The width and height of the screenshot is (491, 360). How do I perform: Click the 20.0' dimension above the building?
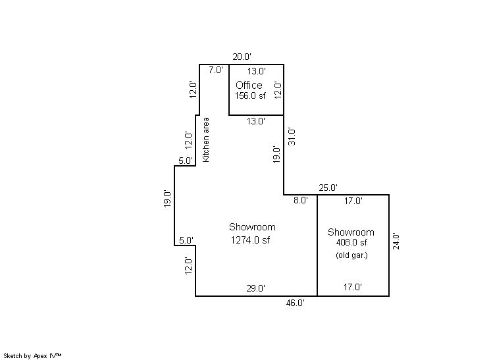pyautogui.click(x=242, y=57)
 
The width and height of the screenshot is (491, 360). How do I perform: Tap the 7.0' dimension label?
pyautogui.click(x=216, y=70)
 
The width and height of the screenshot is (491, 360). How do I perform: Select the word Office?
pyautogui.click(x=249, y=85)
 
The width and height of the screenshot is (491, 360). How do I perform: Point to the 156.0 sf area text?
pyautogui.click(x=250, y=96)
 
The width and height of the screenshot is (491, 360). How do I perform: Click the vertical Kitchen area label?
pyautogui.click(x=206, y=140)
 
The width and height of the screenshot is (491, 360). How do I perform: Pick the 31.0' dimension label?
pyautogui.click(x=292, y=136)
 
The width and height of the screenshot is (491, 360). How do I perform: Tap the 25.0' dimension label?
pyautogui.click(x=328, y=188)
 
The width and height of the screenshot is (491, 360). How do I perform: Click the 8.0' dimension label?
pyautogui.click(x=301, y=200)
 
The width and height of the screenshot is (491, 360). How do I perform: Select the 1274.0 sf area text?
pyautogui.click(x=250, y=240)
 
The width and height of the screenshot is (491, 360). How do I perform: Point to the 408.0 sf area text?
pyautogui.click(x=351, y=243)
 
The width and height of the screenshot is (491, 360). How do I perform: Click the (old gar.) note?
pyautogui.click(x=351, y=255)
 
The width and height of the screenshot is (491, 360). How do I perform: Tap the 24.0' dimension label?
pyautogui.click(x=396, y=241)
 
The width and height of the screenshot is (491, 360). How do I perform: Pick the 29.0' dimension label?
pyautogui.click(x=255, y=288)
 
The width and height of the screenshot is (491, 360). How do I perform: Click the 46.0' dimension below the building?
pyautogui.click(x=295, y=303)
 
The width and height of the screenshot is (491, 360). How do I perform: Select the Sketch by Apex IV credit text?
pyautogui.click(x=32, y=356)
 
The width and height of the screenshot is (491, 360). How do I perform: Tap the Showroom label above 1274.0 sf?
pyautogui.click(x=252, y=227)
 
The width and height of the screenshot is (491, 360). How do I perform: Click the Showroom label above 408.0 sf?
pyautogui.click(x=351, y=232)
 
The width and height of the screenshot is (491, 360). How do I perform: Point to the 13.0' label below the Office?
pyautogui.click(x=256, y=121)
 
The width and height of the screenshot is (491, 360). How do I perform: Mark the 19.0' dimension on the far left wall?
pyautogui.click(x=167, y=199)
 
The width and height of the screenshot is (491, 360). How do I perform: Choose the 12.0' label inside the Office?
pyautogui.click(x=278, y=90)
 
